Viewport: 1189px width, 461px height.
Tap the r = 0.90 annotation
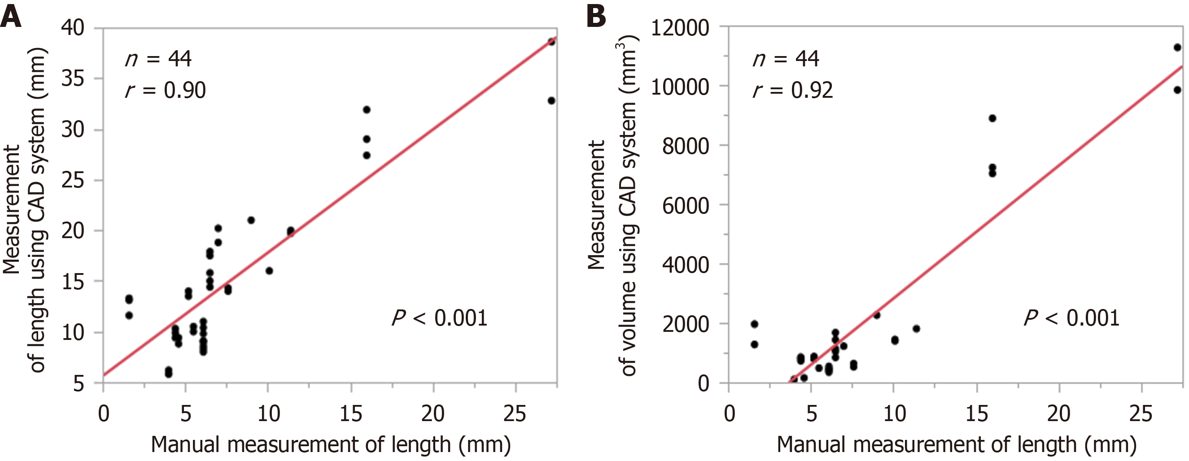(x=165, y=91)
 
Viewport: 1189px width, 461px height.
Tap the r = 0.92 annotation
(x=792, y=91)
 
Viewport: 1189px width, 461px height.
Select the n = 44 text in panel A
(x=158, y=59)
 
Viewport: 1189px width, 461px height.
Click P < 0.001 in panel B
(x=1072, y=318)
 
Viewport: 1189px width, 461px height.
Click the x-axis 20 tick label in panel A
(x=433, y=413)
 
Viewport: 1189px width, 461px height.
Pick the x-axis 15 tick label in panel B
(x=976, y=413)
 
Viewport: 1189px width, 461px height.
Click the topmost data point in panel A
(x=551, y=42)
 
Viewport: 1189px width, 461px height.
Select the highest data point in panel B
(x=1177, y=48)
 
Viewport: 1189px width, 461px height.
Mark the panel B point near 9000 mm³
(x=992, y=118)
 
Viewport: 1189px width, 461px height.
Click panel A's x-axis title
(x=331, y=444)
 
